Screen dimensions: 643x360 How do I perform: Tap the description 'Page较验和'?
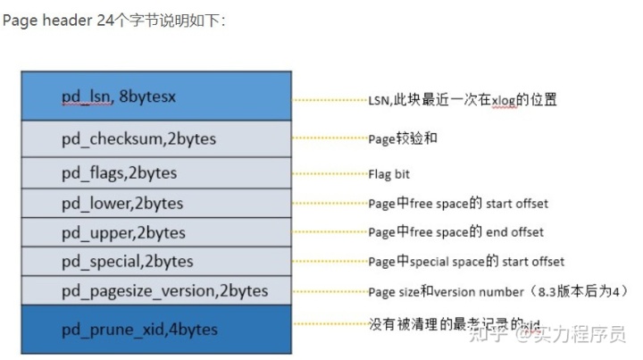point(403,139)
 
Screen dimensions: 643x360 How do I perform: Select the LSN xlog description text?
point(463,100)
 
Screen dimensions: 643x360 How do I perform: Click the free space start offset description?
point(458,203)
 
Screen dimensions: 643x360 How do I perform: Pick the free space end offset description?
point(455,232)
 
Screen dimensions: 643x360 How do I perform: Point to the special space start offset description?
point(466,262)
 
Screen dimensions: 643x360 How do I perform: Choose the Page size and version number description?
point(498,291)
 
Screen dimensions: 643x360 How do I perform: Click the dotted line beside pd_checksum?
point(330,138)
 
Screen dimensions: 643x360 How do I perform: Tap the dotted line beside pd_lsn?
point(330,100)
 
